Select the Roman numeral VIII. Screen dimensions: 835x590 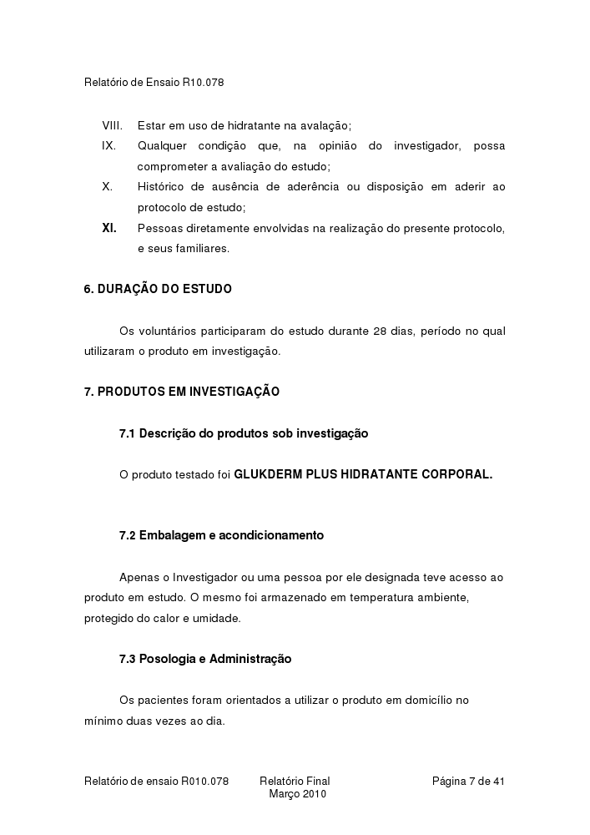click(x=112, y=126)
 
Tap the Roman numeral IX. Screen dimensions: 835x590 click(x=108, y=146)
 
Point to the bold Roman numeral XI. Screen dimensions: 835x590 click(x=109, y=228)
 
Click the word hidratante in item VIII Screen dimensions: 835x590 click(x=251, y=126)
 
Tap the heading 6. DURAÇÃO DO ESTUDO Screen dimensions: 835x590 click(x=158, y=289)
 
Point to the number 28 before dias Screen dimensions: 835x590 click(x=380, y=331)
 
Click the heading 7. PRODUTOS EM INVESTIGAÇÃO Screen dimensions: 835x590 click(x=182, y=392)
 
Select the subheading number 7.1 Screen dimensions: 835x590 click(x=127, y=433)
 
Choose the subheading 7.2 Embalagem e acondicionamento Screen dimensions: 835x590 click(x=221, y=535)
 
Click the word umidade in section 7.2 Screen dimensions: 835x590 click(x=219, y=619)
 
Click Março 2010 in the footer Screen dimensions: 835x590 click(x=297, y=794)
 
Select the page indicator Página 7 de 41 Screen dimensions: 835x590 click(x=468, y=782)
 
